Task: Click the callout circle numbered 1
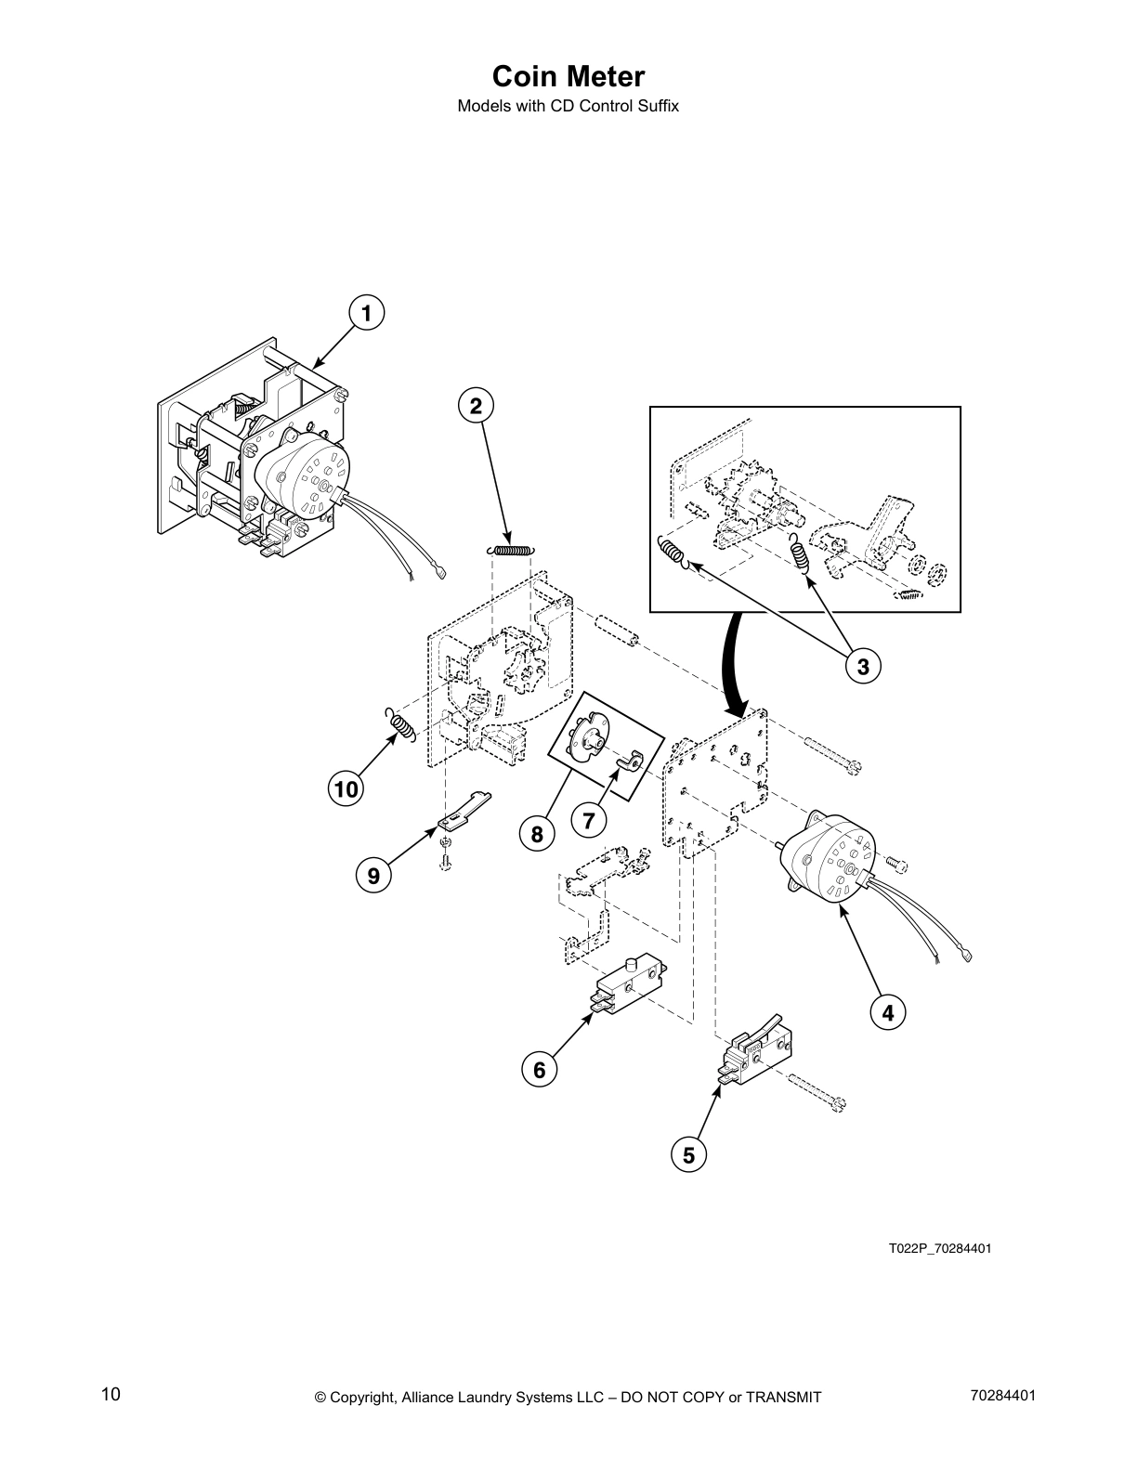366,314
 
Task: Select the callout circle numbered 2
476,406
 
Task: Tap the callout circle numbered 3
863,666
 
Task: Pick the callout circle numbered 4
888,1012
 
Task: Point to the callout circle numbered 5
688,1155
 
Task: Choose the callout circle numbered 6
539,1071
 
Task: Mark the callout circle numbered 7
589,820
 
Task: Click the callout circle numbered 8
537,834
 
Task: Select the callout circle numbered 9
373,875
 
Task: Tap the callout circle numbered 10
346,789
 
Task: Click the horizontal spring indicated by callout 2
510,550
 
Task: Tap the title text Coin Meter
568,76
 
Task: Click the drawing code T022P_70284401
939,1247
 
